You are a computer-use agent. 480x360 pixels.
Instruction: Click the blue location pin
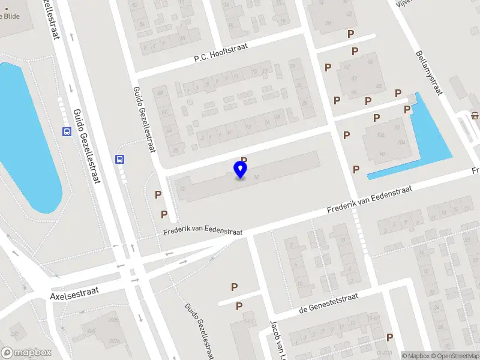(x=241, y=169)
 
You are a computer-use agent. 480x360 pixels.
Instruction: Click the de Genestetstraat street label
(x=328, y=304)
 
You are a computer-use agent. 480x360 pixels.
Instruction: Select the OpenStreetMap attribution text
(x=454, y=356)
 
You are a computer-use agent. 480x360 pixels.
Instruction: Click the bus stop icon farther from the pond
(x=119, y=160)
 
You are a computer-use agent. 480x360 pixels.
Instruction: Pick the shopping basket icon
(x=475, y=115)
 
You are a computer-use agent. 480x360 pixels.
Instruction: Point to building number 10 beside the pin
(x=256, y=177)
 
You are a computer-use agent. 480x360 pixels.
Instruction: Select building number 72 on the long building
(x=182, y=188)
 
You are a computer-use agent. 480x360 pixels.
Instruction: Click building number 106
(x=380, y=136)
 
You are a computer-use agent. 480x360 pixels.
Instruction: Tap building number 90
(x=382, y=154)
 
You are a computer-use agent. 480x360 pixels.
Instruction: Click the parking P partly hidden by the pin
(x=244, y=160)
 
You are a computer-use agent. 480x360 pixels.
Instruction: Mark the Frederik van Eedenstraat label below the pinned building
(x=203, y=229)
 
